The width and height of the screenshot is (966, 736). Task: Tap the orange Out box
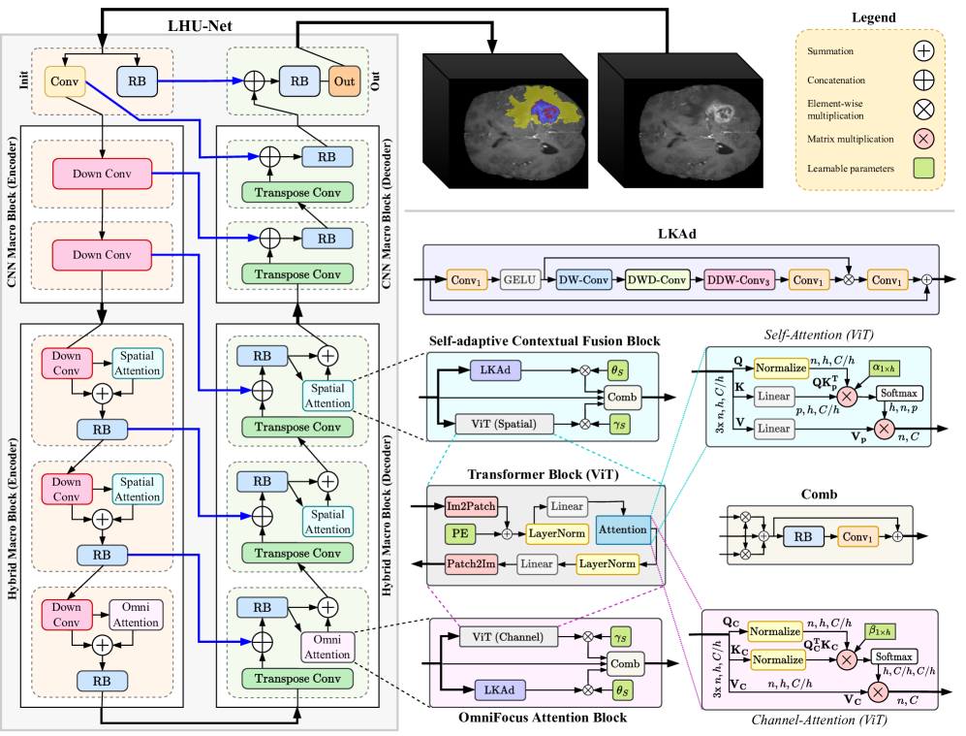tap(344, 82)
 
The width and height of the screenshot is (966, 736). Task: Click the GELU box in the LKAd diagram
tap(518, 280)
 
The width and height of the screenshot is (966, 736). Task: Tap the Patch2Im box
tap(472, 563)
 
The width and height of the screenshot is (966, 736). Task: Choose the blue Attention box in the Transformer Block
tap(623, 530)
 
